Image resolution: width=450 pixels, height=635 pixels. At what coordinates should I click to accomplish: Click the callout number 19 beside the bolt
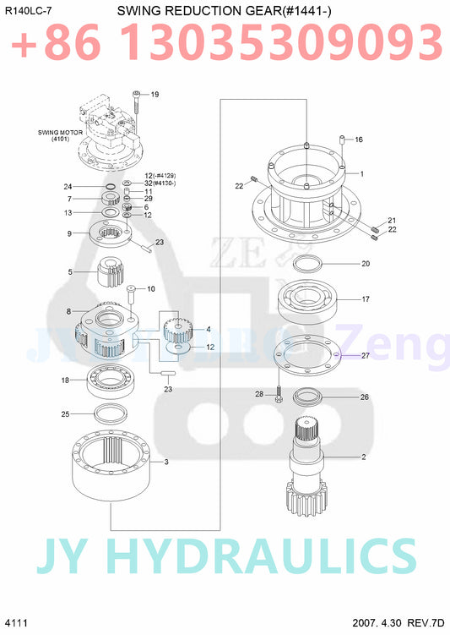(x=155, y=95)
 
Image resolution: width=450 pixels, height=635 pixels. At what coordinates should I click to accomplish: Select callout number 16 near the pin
(x=358, y=140)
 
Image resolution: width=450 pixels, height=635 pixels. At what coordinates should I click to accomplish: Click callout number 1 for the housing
(x=361, y=173)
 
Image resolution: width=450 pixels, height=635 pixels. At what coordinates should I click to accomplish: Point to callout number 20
(x=366, y=264)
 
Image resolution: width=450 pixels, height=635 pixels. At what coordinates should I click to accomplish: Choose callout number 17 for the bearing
(x=366, y=299)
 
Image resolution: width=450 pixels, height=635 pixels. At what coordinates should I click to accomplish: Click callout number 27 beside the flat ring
(x=366, y=356)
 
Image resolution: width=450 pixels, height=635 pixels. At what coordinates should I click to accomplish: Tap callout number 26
(x=365, y=397)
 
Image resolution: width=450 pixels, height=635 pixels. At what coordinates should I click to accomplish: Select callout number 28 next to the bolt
(x=260, y=394)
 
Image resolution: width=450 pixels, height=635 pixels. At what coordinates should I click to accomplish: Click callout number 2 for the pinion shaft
(x=363, y=457)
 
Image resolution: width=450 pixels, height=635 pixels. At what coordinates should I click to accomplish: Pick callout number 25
(x=65, y=413)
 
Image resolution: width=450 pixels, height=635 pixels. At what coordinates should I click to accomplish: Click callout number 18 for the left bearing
(x=65, y=380)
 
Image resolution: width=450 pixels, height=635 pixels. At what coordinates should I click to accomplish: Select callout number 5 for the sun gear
(x=70, y=272)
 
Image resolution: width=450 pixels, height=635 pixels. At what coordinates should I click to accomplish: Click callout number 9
(x=70, y=233)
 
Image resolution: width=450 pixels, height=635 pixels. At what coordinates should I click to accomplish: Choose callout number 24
(x=67, y=186)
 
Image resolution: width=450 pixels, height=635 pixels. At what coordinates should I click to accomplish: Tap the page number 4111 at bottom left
(x=15, y=623)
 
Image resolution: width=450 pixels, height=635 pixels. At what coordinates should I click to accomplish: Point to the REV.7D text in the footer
(x=426, y=623)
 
